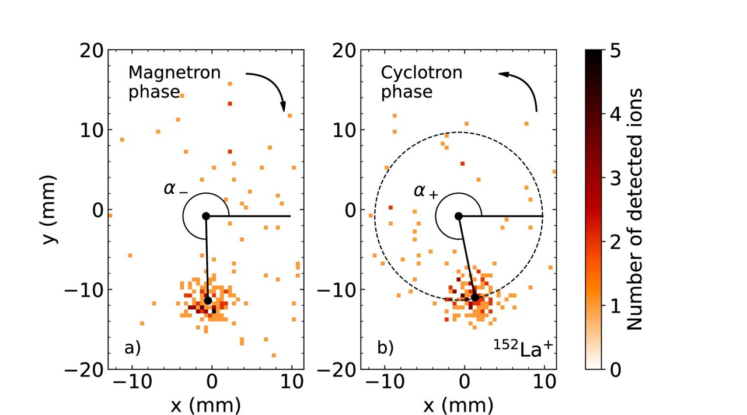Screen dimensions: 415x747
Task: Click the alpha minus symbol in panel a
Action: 175,189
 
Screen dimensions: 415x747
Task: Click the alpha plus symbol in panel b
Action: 425,191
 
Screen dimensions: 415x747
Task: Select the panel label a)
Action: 132,348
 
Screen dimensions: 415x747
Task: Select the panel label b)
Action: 385,348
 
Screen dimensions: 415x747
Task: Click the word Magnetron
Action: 174,73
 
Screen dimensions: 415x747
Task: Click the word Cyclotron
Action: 421,73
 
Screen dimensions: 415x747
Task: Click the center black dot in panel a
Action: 205,216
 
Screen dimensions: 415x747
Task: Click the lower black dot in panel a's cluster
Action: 208,301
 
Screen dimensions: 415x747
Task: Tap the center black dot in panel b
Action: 459,216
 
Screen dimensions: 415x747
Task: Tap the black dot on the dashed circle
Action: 475,298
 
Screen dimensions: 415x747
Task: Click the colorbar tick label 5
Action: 614,51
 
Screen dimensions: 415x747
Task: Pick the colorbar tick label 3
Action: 614,179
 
